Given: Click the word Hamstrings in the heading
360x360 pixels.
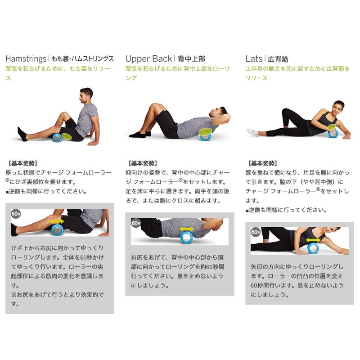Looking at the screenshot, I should coord(26,58).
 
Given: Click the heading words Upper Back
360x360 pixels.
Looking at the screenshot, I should coord(148,58).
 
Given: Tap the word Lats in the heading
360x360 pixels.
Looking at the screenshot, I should coord(254,58).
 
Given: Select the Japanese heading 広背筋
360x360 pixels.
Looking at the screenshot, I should coord(278,59).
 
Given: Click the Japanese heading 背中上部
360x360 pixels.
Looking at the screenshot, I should coord(191,59).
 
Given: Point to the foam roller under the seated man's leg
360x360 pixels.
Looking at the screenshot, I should coord(58,137).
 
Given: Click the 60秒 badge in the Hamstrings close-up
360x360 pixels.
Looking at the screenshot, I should coord(16,214).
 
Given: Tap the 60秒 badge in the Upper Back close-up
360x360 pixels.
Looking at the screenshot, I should coord(136,223).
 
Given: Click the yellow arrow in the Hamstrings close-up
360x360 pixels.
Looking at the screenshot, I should coord(57,221).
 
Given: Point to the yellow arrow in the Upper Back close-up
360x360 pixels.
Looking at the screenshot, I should coord(186,229).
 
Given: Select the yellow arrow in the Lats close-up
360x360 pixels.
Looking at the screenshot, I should coord(313,240).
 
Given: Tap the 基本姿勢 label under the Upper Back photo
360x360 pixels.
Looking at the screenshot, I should coord(143,163).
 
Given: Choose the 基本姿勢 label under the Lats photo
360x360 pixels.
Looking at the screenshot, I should coord(262,163).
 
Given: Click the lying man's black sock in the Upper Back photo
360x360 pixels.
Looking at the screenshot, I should coord(138,134).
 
